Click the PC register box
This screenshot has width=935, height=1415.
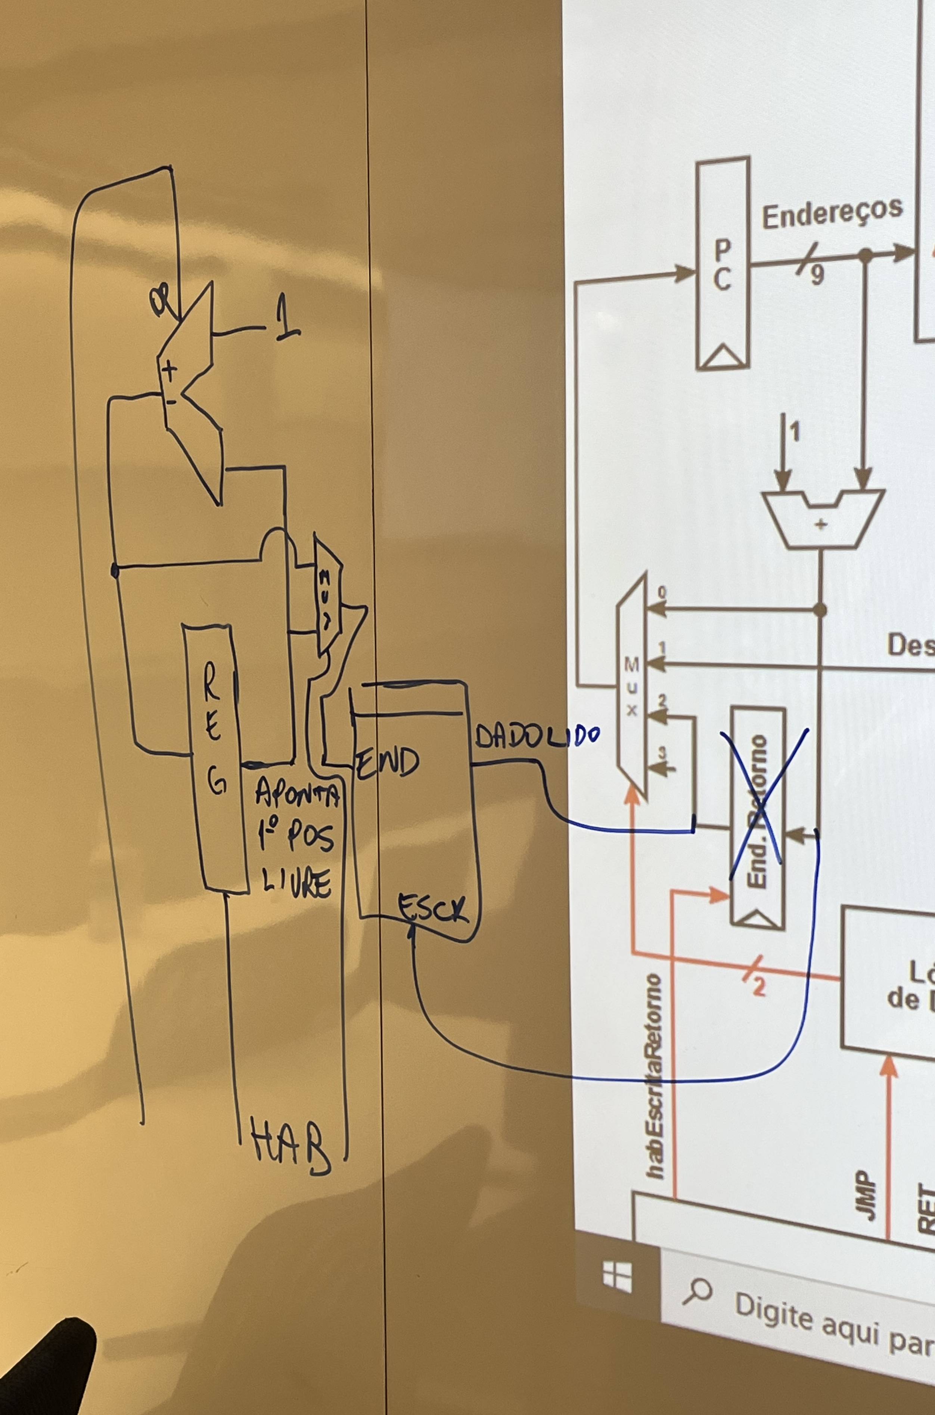pyautogui.click(x=723, y=264)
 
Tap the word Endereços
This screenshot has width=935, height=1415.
pyautogui.click(x=832, y=213)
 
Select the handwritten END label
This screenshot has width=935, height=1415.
pyautogui.click(x=388, y=762)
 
